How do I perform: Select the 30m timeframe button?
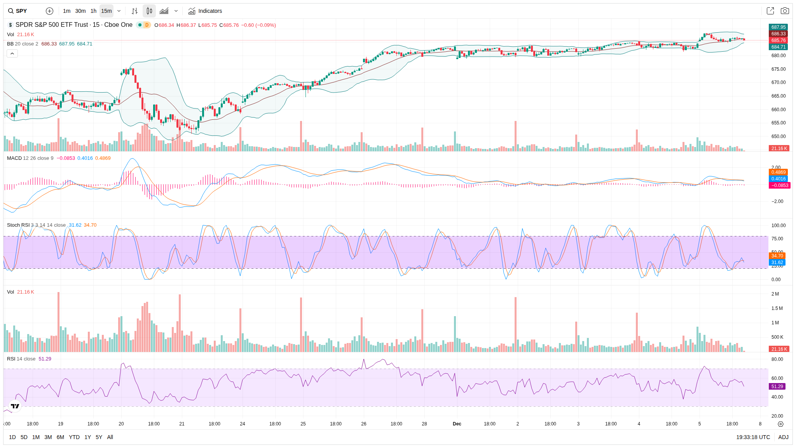[x=80, y=11]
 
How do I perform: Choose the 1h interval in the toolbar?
[x=93, y=11]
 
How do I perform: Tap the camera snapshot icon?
[x=785, y=11]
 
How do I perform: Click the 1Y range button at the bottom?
[x=88, y=437]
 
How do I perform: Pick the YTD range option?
[x=74, y=437]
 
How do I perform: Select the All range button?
[x=110, y=437]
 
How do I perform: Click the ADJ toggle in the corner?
[x=783, y=437]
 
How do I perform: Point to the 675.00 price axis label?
[x=779, y=69]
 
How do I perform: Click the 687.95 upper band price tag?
[x=779, y=27]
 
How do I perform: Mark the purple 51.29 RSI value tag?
[x=777, y=387]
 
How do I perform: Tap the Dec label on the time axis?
[x=457, y=424]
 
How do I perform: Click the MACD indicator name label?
[x=14, y=158]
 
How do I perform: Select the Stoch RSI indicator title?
[x=18, y=225]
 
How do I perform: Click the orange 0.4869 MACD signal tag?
[x=779, y=172]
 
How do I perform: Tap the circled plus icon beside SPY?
[x=49, y=11]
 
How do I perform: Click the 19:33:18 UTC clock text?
[x=753, y=437]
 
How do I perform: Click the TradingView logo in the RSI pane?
[x=15, y=406]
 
